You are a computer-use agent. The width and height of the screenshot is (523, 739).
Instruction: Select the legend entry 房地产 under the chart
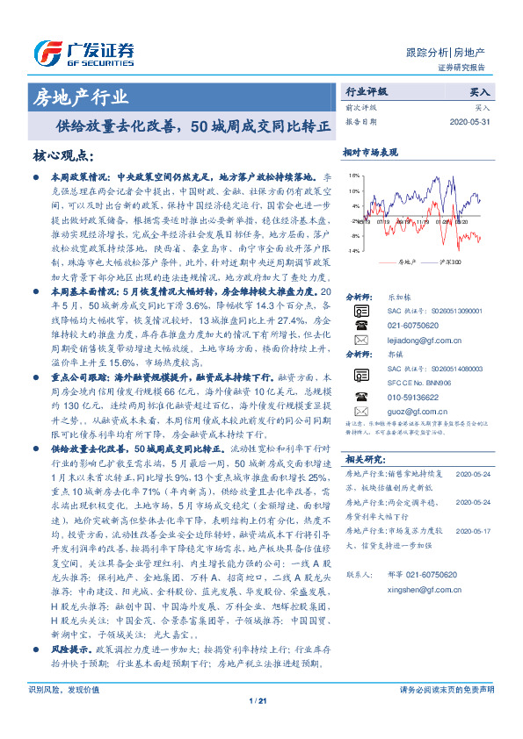pyautogui.click(x=405, y=262)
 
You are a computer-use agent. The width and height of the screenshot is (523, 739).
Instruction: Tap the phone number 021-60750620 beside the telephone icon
pyautogui.click(x=415, y=324)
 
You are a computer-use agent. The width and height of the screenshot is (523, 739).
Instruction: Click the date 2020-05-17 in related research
pyautogui.click(x=474, y=530)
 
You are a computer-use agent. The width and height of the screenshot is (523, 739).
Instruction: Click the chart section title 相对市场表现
pyautogui.click(x=370, y=153)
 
